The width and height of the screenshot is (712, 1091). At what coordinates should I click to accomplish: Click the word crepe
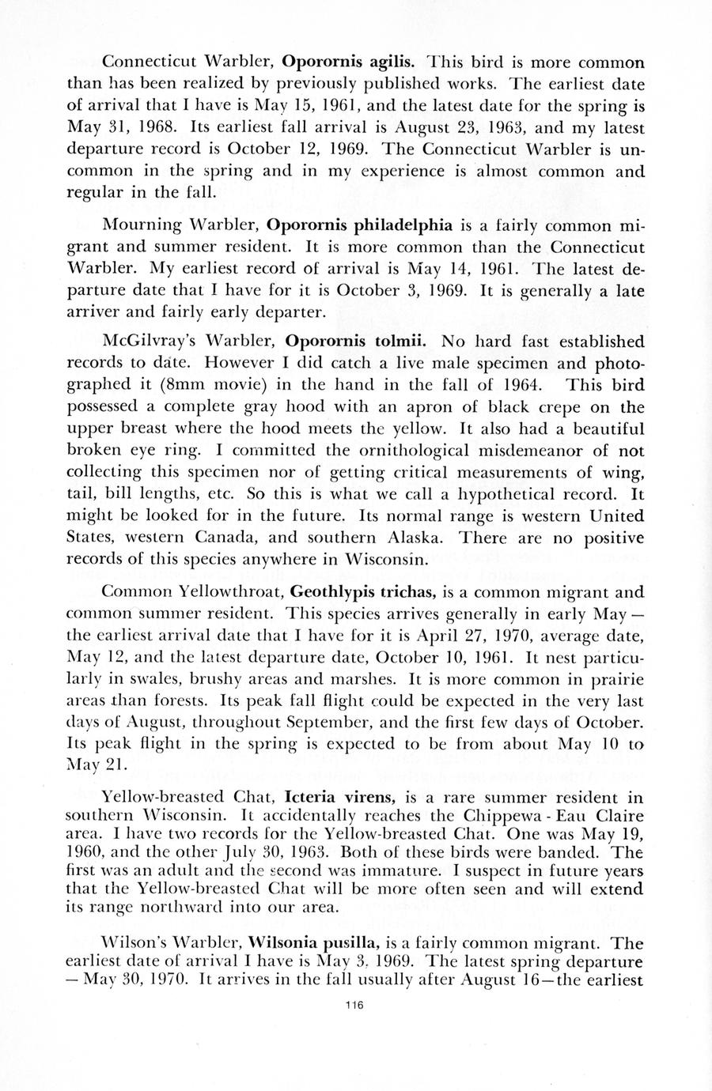pyautogui.click(x=558, y=408)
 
